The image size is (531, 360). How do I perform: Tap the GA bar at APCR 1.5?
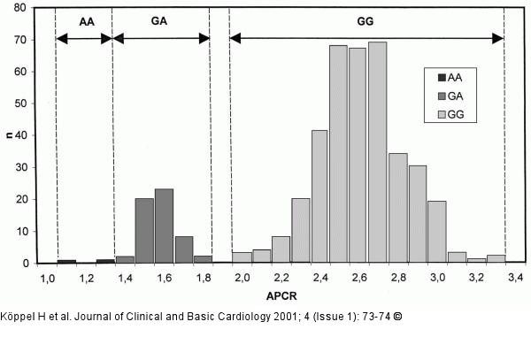(x=143, y=231)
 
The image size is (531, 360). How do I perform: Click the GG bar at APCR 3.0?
(x=436, y=232)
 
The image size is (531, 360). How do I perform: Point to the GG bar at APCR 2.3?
(x=300, y=230)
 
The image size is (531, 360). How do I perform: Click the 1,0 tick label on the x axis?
(x=46, y=278)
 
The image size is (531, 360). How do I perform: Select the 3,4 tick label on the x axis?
(x=514, y=278)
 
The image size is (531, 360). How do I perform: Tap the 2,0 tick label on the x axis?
(x=242, y=278)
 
